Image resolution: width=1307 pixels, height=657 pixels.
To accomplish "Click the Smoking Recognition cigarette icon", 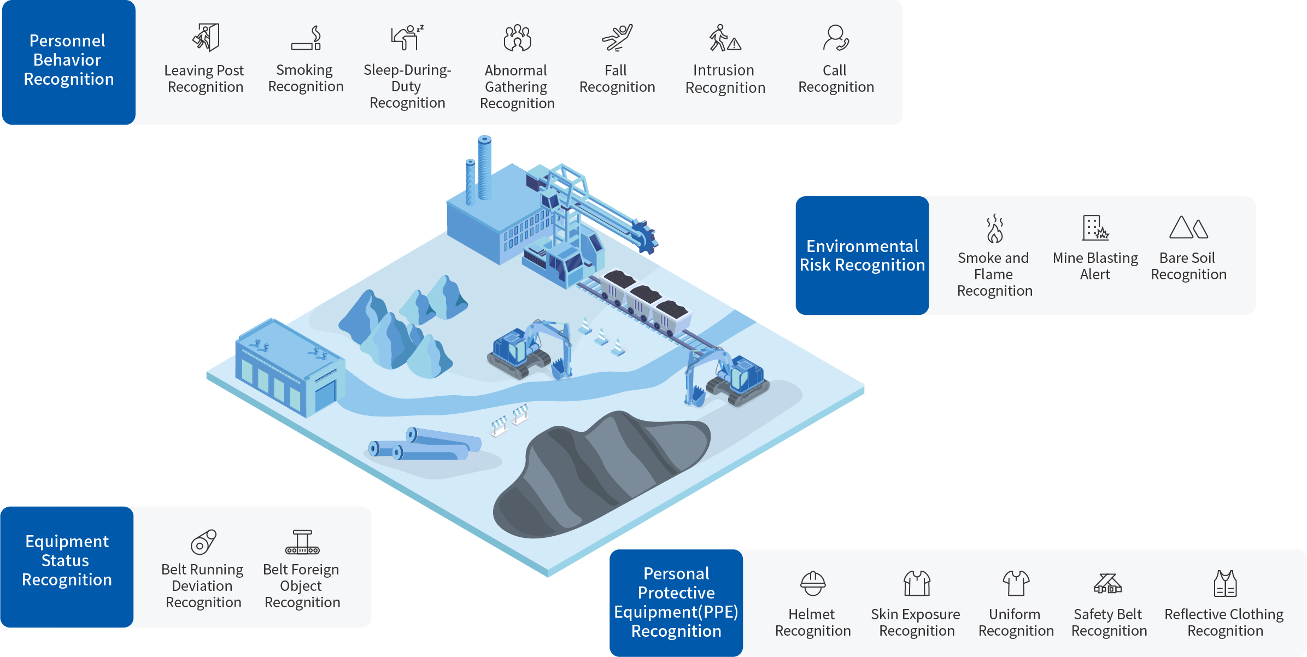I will click(306, 38).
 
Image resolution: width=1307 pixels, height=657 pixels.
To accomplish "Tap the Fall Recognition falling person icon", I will click(617, 38).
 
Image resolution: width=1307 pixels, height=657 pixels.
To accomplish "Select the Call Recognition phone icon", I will click(835, 38).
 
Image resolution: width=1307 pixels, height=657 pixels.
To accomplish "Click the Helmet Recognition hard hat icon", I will click(813, 583).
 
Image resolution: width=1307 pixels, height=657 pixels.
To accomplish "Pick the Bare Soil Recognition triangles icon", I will click(1188, 227).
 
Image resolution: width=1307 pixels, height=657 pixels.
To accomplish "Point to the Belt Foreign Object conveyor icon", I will click(302, 542).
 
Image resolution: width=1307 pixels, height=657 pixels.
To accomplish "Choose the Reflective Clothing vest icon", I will click(1225, 583).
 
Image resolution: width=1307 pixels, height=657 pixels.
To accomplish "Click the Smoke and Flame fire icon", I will click(994, 228).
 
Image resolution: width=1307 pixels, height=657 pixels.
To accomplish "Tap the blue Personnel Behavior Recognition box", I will click(69, 62).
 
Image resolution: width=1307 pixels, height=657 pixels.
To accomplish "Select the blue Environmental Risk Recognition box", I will click(862, 255).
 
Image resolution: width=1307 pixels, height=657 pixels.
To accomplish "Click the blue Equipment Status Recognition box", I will click(67, 566).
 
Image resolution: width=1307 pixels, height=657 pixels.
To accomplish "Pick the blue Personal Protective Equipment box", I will click(676, 602).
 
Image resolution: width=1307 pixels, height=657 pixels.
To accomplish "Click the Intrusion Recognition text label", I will click(725, 79).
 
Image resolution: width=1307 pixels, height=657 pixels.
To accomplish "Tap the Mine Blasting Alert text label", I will click(1095, 266).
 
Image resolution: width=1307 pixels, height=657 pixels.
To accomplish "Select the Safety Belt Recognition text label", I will click(1109, 622).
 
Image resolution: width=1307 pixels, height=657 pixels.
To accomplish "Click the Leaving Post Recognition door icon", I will click(206, 38).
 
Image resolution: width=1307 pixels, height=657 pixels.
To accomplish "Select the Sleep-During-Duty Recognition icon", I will click(407, 38).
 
